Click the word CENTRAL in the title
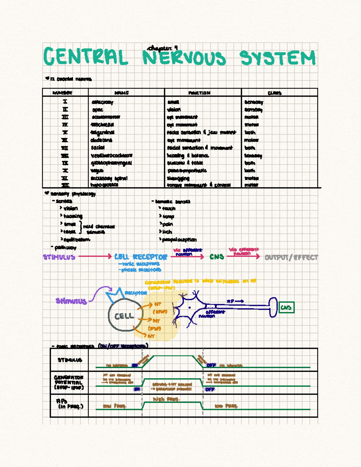tap(86, 57)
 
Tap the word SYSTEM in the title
tap(277, 58)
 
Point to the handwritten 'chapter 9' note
tap(162, 48)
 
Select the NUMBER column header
tap(62, 93)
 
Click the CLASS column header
tap(274, 93)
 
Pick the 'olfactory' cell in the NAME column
tap(102, 102)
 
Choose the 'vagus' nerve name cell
tap(97, 171)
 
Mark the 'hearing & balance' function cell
tap(188, 155)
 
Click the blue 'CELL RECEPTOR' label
tap(140, 257)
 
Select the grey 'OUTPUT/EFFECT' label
tap(291, 257)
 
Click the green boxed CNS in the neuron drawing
tap(286, 307)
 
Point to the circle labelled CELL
tap(124, 315)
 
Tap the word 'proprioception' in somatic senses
tap(179, 240)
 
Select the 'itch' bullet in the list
tap(167, 232)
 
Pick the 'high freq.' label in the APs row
tap(166, 399)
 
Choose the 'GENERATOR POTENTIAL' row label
tap(69, 383)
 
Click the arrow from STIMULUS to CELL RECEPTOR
tap(95, 256)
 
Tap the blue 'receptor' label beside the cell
tap(136, 293)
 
